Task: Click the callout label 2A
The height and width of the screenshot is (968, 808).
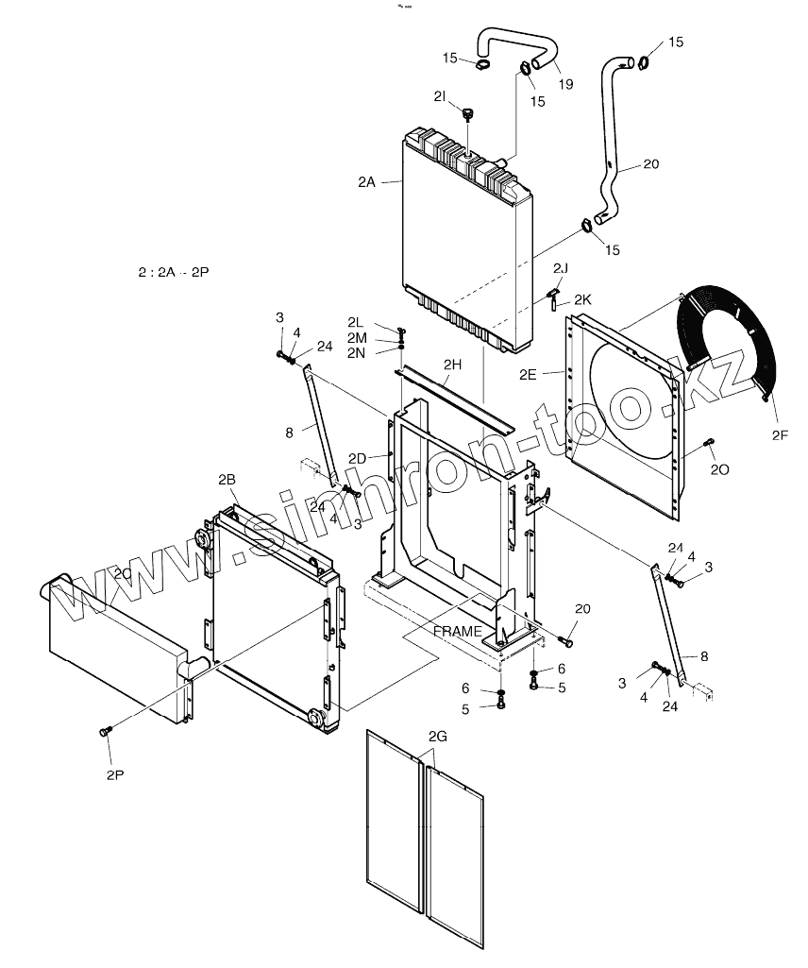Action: click(x=367, y=182)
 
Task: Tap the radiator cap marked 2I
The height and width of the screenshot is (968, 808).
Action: click(x=468, y=115)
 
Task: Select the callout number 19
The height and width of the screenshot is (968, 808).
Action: click(x=564, y=84)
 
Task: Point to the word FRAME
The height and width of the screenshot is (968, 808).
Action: click(x=458, y=631)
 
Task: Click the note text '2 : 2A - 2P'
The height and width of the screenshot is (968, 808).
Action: click(x=173, y=272)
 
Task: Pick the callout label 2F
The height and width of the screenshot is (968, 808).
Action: click(x=779, y=435)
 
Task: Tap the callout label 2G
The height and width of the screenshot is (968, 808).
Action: click(x=437, y=736)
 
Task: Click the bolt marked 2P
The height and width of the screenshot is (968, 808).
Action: click(x=106, y=731)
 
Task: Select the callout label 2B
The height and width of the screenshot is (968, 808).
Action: click(x=227, y=480)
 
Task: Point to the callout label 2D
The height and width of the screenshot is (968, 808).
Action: click(x=357, y=458)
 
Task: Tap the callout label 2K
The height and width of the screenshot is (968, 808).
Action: click(x=582, y=298)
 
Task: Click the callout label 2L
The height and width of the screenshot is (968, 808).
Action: click(x=355, y=322)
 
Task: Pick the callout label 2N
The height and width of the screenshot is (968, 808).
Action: click(x=355, y=352)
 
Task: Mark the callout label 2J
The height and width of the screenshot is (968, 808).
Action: click(x=561, y=268)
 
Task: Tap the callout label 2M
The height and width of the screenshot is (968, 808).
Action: click(x=356, y=337)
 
